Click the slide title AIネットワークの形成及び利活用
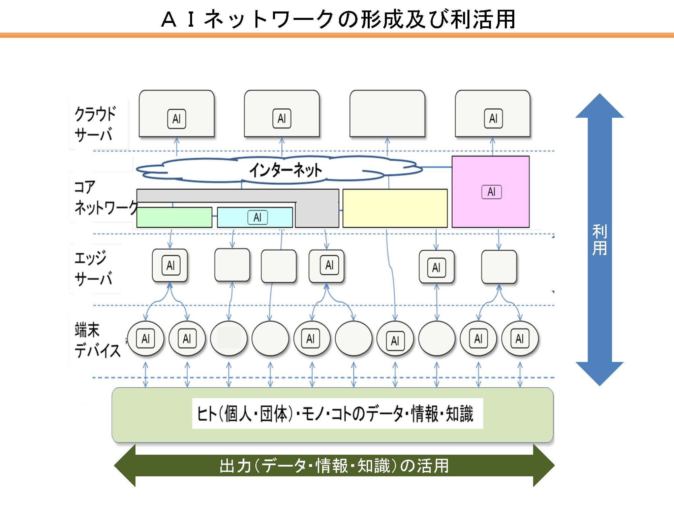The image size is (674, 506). [x=338, y=19]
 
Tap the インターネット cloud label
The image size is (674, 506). [x=285, y=170]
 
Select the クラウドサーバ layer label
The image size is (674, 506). [x=95, y=124]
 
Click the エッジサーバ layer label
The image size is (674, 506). [x=93, y=269]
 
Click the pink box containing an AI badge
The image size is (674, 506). [x=490, y=192]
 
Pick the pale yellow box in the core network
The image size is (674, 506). [x=395, y=208]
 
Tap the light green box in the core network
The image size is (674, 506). [x=174, y=218]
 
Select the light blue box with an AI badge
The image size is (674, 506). [x=255, y=218]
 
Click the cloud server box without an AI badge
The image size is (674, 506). [x=387, y=113]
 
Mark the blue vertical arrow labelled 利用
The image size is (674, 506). [x=600, y=240]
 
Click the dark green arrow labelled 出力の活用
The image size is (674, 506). [x=334, y=466]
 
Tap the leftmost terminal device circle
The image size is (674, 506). [x=146, y=338]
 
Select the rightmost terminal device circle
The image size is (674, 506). [x=520, y=338]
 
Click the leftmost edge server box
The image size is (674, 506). [x=170, y=265]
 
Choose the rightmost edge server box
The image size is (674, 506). [x=499, y=266]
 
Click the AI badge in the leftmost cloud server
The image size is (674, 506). [x=177, y=119]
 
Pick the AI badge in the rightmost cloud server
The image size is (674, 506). [x=493, y=118]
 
